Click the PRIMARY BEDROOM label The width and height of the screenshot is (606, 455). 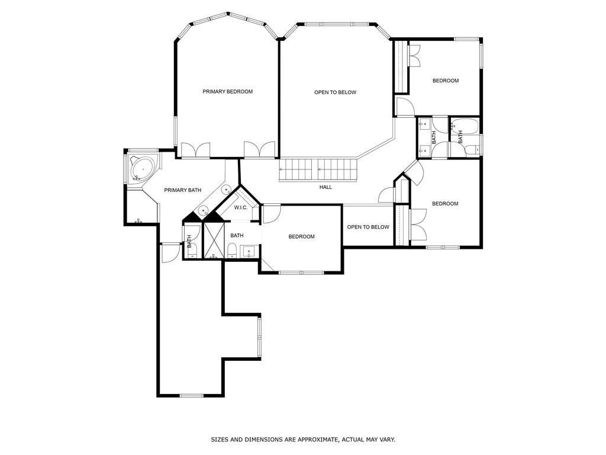227,92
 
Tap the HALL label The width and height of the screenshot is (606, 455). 325,187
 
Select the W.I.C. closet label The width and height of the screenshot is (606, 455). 240,207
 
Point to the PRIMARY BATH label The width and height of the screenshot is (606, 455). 182,190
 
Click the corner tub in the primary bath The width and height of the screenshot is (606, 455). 142,169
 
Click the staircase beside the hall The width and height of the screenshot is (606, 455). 318,170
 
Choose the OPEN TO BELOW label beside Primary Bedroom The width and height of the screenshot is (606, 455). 335,92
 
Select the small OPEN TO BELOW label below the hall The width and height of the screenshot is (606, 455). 368,227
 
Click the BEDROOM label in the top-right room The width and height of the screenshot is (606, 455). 445,81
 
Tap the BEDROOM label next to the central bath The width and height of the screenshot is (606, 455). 301,237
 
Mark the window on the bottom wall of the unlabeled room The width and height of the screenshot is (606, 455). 192,395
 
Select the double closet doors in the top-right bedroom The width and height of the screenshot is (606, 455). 415,56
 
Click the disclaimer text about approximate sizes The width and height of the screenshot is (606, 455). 303,440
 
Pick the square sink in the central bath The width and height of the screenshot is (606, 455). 249,252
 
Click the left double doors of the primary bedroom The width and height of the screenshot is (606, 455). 195,150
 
